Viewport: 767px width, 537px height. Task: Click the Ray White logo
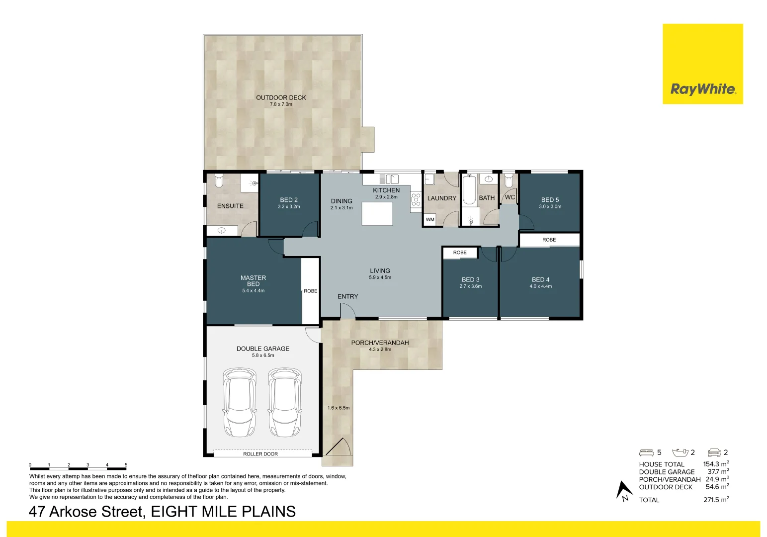click(x=702, y=64)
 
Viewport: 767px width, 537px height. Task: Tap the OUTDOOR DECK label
click(x=281, y=97)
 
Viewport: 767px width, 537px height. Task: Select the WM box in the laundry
click(x=430, y=220)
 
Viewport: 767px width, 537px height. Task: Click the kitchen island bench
click(x=377, y=214)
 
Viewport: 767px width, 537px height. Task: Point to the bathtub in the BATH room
click(x=469, y=190)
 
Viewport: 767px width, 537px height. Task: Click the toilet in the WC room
click(x=509, y=180)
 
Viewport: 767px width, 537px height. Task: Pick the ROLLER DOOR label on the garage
click(x=260, y=454)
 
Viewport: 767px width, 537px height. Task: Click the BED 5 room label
click(x=550, y=200)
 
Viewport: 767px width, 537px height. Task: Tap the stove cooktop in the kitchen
click(x=416, y=199)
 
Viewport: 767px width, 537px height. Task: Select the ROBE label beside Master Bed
click(x=310, y=291)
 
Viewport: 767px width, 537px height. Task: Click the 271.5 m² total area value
click(x=716, y=500)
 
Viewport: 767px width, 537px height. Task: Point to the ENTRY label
click(x=347, y=296)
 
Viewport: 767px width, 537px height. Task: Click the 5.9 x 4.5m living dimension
click(x=380, y=277)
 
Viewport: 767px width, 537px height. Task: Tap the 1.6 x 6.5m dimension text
click(x=339, y=408)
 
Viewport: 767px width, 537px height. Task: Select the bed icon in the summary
click(x=646, y=453)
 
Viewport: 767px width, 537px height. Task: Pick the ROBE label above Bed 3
click(x=459, y=253)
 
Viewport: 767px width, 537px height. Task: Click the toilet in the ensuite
click(x=219, y=180)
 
